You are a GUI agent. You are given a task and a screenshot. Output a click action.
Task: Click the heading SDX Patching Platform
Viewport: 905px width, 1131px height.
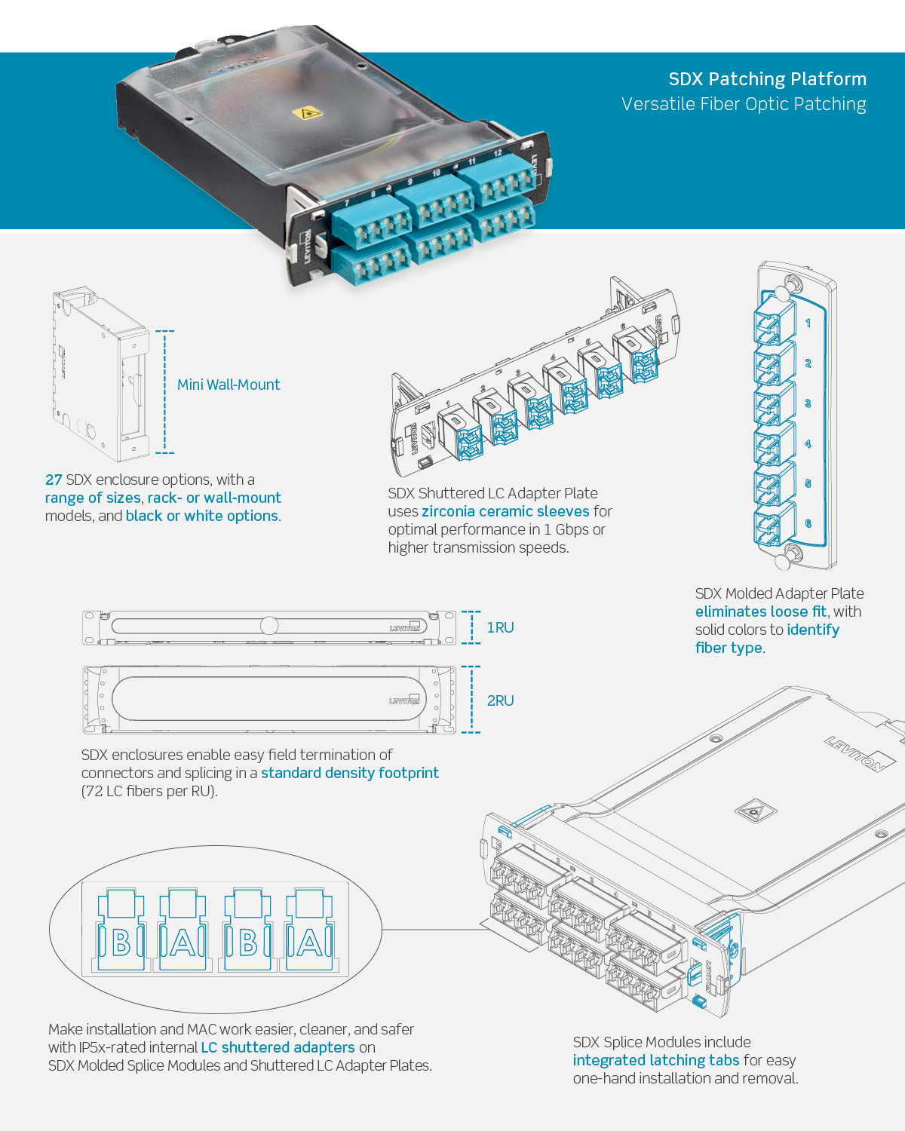[767, 79]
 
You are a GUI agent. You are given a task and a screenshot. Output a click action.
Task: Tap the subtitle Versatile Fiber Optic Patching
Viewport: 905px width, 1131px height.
[744, 104]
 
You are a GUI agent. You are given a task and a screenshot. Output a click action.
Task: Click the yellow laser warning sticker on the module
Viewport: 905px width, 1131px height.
[306, 114]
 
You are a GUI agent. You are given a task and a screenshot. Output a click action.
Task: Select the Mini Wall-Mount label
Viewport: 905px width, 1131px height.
[229, 385]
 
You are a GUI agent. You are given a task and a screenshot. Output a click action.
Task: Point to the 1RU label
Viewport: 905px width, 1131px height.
[500, 627]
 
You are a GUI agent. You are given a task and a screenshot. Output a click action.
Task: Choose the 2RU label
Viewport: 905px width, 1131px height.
[500, 700]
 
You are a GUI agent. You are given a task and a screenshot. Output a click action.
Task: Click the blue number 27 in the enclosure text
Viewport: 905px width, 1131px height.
[54, 480]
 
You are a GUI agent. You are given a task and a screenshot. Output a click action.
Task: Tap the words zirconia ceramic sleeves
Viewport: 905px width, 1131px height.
[505, 511]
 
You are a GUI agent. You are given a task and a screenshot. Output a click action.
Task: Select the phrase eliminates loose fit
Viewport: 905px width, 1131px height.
[760, 611]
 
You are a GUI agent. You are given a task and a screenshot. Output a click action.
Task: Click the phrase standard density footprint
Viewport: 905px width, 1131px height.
[350, 773]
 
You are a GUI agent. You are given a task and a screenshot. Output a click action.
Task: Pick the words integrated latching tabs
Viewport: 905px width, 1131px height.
[656, 1060]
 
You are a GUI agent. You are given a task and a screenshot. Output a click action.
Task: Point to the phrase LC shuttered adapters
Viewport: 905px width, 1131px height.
[278, 1047]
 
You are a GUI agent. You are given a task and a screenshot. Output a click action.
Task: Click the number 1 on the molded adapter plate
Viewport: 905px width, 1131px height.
[808, 323]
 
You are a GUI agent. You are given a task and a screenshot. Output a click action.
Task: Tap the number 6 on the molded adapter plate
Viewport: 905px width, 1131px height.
[808, 523]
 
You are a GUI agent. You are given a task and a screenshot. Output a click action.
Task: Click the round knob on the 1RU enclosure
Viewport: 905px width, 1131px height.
[269, 625]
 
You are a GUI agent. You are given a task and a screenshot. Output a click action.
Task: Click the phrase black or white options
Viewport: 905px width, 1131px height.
[202, 516]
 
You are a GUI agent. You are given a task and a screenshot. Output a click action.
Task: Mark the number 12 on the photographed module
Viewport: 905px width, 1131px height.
[498, 153]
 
